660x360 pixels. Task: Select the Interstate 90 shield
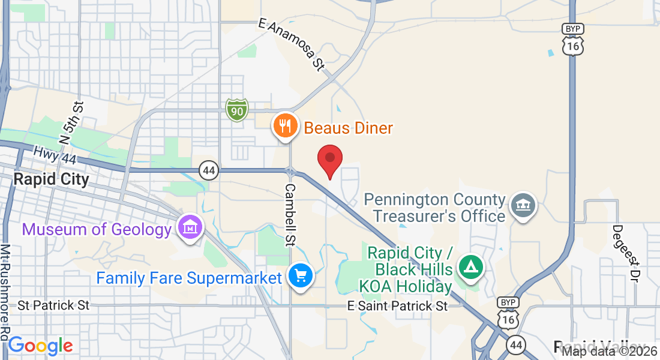click(237, 110)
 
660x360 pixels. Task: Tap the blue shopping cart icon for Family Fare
click(300, 276)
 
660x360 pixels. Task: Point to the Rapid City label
click(51, 179)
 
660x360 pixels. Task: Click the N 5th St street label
click(70, 123)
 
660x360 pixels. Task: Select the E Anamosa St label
click(291, 44)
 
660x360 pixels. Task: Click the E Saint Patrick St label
click(398, 306)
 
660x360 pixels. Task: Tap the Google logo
click(40, 346)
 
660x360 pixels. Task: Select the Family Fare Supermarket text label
click(189, 278)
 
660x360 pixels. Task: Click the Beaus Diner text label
click(348, 128)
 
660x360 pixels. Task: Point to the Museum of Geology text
click(97, 229)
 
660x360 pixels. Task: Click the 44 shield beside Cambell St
click(209, 170)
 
